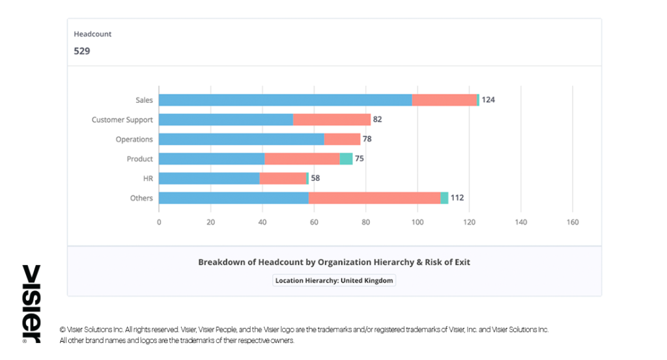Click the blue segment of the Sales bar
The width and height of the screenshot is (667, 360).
pos(285,100)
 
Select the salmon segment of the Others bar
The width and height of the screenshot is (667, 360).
pos(375,198)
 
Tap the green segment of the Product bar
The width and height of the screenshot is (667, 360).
pos(346,159)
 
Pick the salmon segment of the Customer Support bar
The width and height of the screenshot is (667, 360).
pos(332,120)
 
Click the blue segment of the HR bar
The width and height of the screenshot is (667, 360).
pos(209,178)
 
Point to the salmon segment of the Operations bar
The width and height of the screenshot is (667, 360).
pos(342,139)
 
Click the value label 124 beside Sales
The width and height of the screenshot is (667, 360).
pos(489,100)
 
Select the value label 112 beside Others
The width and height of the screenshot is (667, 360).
pos(457,198)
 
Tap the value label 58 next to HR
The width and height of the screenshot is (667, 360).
pos(315,178)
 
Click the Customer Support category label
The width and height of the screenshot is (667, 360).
pos(122,120)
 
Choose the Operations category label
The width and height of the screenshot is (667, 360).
pos(134,139)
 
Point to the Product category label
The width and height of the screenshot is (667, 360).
pos(140,159)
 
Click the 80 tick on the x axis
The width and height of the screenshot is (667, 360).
pos(365,222)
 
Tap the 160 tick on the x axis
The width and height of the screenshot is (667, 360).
pos(572,222)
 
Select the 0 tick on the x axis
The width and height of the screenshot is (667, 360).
pos(159,222)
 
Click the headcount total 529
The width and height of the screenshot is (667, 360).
pos(82,51)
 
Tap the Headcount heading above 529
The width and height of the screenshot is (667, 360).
pos(92,34)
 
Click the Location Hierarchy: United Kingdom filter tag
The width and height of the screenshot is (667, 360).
pos(334,281)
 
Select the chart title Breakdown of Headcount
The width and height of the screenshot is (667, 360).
pos(334,262)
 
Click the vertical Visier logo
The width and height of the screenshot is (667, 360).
pos(31,303)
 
